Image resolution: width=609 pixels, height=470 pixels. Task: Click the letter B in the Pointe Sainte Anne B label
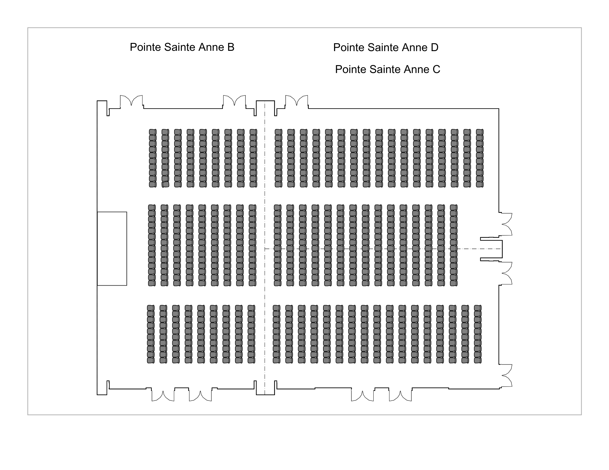(231, 47)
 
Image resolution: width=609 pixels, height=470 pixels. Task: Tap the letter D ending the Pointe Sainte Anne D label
(435, 47)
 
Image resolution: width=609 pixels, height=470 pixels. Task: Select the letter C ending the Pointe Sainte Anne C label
(436, 69)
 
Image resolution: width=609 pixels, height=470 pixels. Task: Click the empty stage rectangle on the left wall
(112, 249)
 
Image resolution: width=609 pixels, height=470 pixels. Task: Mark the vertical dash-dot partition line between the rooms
(265, 248)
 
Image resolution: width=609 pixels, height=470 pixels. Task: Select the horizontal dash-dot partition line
(383, 249)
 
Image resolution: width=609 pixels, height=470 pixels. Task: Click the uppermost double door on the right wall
(506, 224)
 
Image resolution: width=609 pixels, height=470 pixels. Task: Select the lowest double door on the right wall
(506, 375)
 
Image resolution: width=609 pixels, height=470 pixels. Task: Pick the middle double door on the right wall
(506, 273)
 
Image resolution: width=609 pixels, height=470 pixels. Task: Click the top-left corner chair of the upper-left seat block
(153, 132)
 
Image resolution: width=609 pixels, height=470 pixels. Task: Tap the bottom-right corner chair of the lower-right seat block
(478, 360)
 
